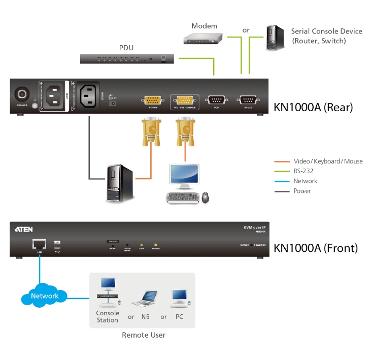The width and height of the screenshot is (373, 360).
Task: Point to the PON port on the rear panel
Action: click(x=216, y=100)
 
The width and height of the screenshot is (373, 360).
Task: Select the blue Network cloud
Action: click(x=45, y=296)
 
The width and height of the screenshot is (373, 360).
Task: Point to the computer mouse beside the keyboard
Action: click(x=205, y=197)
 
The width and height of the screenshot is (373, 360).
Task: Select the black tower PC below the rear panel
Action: click(x=120, y=184)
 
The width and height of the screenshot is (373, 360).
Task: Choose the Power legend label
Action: click(x=302, y=191)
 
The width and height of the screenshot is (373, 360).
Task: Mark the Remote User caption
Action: click(x=143, y=335)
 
